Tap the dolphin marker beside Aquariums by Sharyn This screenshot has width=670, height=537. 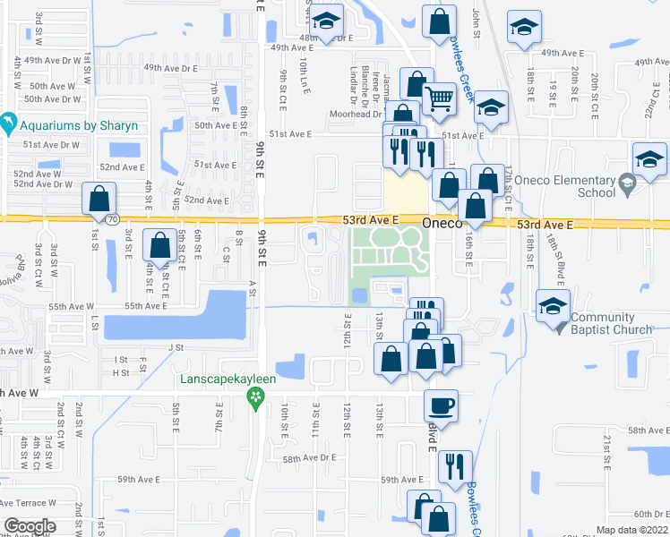click(x=8, y=122)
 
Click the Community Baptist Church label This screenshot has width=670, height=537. click(x=610, y=323)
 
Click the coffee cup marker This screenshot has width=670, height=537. click(x=440, y=405)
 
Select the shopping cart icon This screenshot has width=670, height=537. click(x=438, y=98)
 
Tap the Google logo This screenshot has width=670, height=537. click(x=29, y=525)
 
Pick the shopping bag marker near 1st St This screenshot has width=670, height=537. click(x=99, y=198)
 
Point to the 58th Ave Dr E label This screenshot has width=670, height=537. click(x=309, y=457)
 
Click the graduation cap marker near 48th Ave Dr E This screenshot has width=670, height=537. click(x=326, y=21)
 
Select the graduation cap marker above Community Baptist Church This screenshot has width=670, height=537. click(x=554, y=304)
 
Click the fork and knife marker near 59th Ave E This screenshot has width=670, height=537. click(x=456, y=465)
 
